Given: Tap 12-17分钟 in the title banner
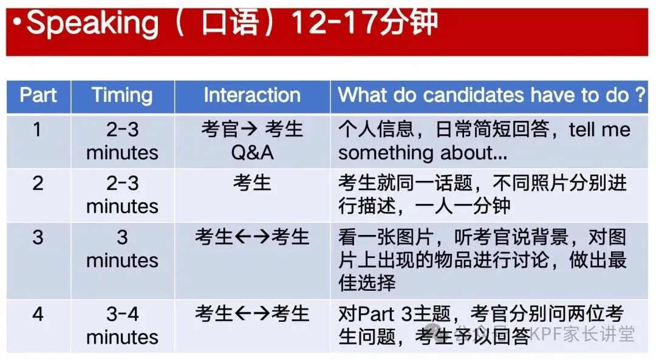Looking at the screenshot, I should click(364, 23).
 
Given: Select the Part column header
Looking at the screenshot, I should click(38, 95).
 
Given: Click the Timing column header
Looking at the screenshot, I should click(122, 95).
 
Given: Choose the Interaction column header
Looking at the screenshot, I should click(252, 95).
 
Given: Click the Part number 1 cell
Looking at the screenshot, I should click(38, 130).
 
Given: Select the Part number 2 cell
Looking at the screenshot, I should click(38, 183).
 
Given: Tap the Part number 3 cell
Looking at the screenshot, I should click(38, 237).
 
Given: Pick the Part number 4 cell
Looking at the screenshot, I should click(38, 314).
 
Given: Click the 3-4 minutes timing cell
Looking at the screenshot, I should click(122, 325).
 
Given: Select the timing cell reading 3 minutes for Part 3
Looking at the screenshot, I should click(122, 248).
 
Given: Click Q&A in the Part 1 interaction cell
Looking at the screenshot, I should click(252, 152).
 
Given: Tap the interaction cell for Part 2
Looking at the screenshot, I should click(252, 183).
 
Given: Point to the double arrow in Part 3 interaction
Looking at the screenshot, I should click(252, 237).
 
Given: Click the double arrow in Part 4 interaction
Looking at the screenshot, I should click(252, 314).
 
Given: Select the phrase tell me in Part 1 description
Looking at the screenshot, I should click(599, 130).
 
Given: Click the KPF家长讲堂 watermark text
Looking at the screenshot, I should click(583, 333).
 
